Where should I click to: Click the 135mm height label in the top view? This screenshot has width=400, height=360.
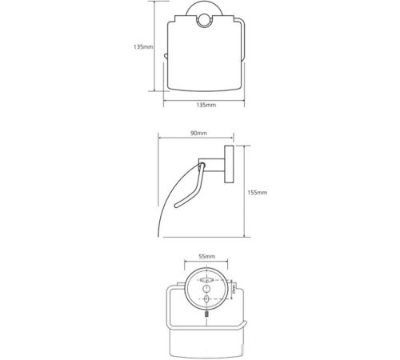143,47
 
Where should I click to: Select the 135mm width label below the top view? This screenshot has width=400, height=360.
206,105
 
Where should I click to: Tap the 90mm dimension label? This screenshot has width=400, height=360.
198,133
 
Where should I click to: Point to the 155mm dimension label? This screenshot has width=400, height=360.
258,192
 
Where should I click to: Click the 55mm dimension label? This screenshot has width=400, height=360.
207,257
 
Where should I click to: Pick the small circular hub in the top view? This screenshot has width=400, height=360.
204,22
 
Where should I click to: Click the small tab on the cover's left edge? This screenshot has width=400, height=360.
166,57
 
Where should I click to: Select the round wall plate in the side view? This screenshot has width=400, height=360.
229,164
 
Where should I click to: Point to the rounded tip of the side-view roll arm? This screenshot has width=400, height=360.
176,206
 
